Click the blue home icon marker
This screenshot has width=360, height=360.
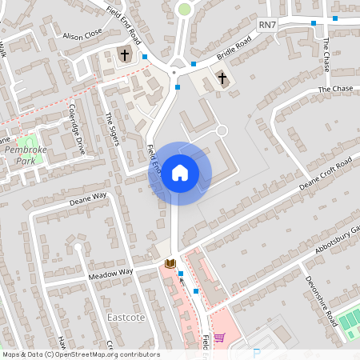(179, 173)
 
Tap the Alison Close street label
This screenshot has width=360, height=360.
(82, 35)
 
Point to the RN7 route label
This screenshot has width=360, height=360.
(268, 26)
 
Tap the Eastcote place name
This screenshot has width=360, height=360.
(125, 317)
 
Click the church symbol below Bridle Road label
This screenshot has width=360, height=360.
(222, 78)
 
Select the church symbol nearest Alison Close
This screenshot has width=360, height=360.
(124, 55)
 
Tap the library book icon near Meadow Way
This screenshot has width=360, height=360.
(170, 263)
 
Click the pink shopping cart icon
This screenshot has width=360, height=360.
(219, 338)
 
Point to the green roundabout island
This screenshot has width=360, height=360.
(185, 10)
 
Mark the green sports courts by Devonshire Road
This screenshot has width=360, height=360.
(350, 322)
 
